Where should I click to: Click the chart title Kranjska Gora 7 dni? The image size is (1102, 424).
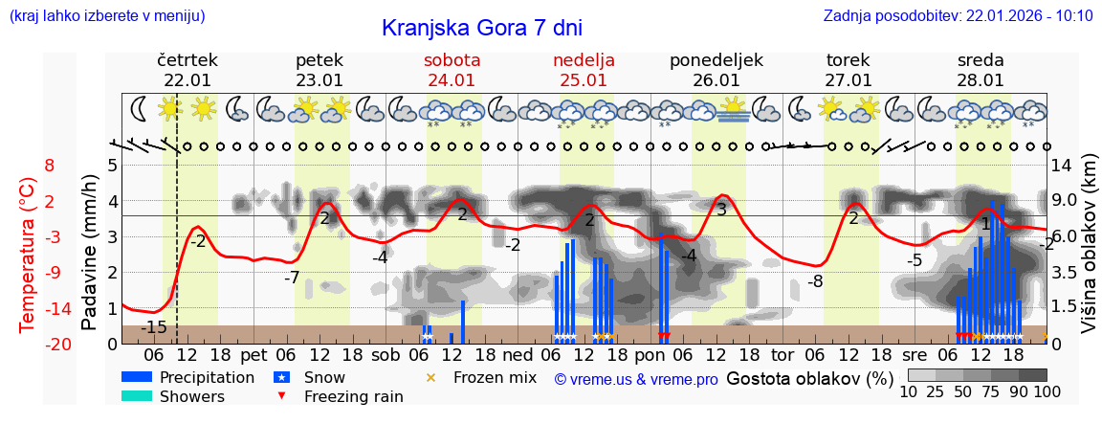tap(481, 28)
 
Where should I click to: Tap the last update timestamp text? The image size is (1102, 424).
tap(958, 15)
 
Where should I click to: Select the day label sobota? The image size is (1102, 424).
tap(452, 60)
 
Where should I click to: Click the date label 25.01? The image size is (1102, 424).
tap(584, 80)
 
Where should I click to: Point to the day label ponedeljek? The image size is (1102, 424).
tap(716, 60)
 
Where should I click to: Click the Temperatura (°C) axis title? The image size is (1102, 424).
tap(28, 255)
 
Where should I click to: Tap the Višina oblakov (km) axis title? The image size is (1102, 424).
tap(1089, 255)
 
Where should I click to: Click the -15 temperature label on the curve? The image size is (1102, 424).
tap(153, 327)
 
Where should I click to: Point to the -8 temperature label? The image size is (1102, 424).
tap(815, 281)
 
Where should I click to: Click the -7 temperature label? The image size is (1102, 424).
tap(292, 278)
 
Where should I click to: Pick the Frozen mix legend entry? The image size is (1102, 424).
tap(494, 377)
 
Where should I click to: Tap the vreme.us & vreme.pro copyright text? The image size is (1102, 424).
tap(636, 380)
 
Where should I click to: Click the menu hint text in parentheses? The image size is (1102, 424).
tap(107, 15)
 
